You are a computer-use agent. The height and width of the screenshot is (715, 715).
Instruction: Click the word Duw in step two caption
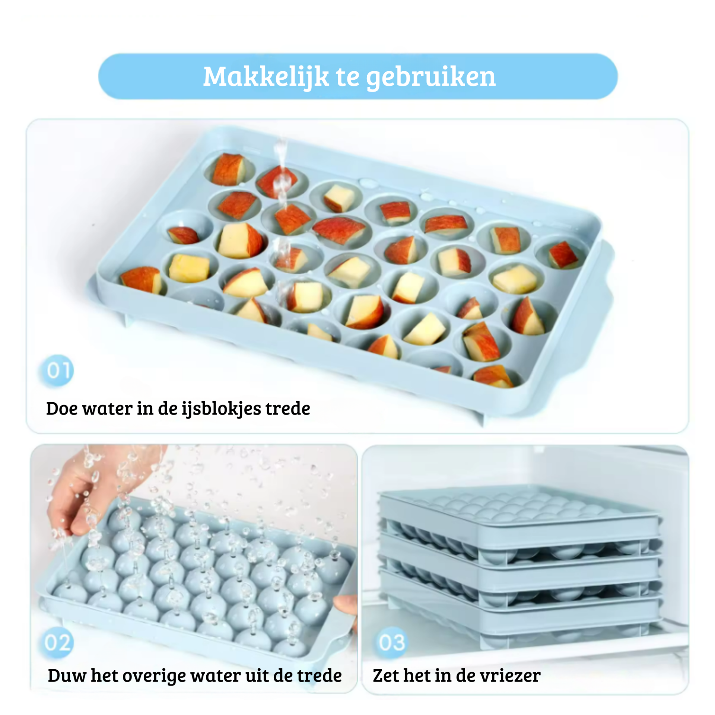click(67, 675)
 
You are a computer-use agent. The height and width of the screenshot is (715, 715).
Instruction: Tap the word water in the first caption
click(107, 409)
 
